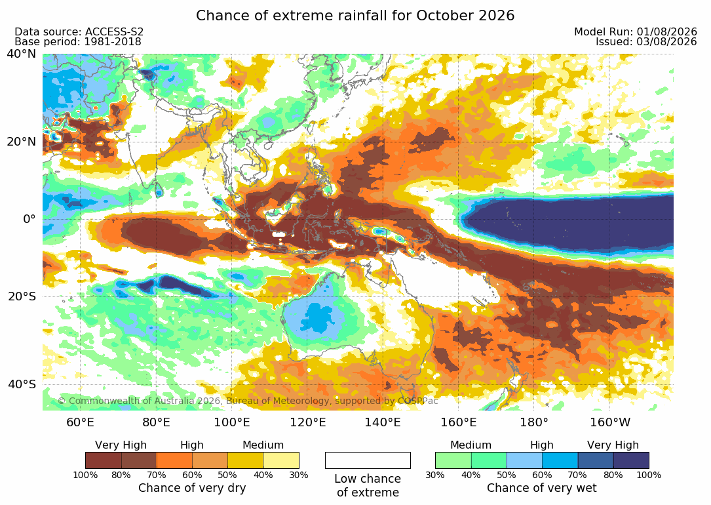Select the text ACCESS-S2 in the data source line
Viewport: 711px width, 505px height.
pyautogui.click(x=114, y=31)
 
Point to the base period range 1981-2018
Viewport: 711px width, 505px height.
pyautogui.click(x=113, y=42)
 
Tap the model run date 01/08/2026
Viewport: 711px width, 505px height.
pyautogui.click(x=666, y=31)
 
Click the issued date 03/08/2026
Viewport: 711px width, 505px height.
pyautogui.click(x=666, y=42)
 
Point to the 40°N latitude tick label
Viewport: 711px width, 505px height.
pyautogui.click(x=21, y=54)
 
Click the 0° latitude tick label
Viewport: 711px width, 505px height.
pyautogui.click(x=29, y=219)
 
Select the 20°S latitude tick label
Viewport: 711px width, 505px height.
pyautogui.click(x=22, y=296)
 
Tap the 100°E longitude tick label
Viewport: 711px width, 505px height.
pyautogui.click(x=232, y=422)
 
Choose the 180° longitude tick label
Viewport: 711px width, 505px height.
pyautogui.click(x=533, y=422)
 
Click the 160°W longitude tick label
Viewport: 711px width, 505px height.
pyautogui.click(x=610, y=422)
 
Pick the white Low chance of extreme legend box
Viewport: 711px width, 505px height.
pyautogui.click(x=368, y=460)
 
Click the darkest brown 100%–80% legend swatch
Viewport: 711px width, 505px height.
pyautogui.click(x=104, y=460)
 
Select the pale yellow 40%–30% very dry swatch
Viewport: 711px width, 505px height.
pyautogui.click(x=281, y=460)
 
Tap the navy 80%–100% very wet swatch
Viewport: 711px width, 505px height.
pyautogui.click(x=631, y=460)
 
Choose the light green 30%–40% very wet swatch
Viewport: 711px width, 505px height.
pyautogui.click(x=453, y=460)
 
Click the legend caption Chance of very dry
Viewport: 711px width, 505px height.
pyautogui.click(x=192, y=488)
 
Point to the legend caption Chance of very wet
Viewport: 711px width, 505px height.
pyautogui.click(x=541, y=488)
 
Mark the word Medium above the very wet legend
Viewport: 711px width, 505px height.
pyautogui.click(x=471, y=445)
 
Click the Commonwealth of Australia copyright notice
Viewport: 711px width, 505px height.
pyautogui.click(x=248, y=401)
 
